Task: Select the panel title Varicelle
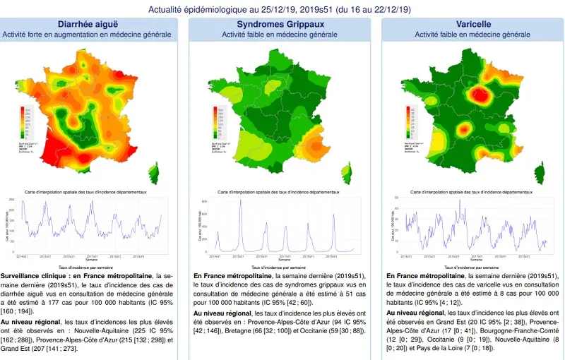[472, 24]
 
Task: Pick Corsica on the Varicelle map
[540, 172]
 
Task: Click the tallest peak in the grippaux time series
[241, 204]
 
